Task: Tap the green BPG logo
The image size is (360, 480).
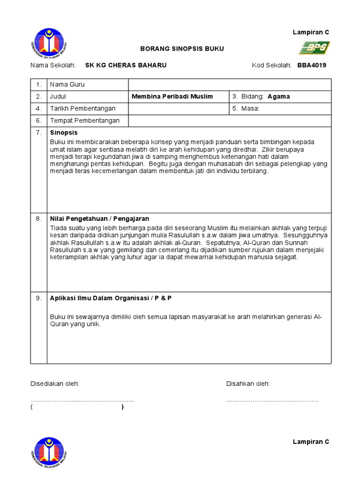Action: (315, 47)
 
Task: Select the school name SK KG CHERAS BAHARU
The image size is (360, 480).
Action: (126, 65)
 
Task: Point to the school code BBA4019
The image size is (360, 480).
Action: (312, 65)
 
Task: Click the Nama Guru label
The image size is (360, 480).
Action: (67, 84)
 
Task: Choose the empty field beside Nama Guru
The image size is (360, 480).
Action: (230, 84)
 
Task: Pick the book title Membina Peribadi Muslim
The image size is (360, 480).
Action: (172, 97)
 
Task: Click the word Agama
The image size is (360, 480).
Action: (279, 97)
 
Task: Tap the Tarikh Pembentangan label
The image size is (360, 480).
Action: (83, 109)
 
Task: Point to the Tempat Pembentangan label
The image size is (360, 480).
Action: (85, 120)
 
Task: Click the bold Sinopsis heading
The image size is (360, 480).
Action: (64, 133)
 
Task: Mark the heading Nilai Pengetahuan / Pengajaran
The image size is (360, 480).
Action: (99, 219)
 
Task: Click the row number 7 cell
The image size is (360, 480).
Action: (39, 133)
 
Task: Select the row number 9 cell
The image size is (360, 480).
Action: (39, 298)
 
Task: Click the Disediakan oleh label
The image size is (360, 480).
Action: (55, 384)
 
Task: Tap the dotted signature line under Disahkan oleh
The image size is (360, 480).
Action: (272, 401)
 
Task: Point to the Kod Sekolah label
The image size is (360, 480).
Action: (272, 65)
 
